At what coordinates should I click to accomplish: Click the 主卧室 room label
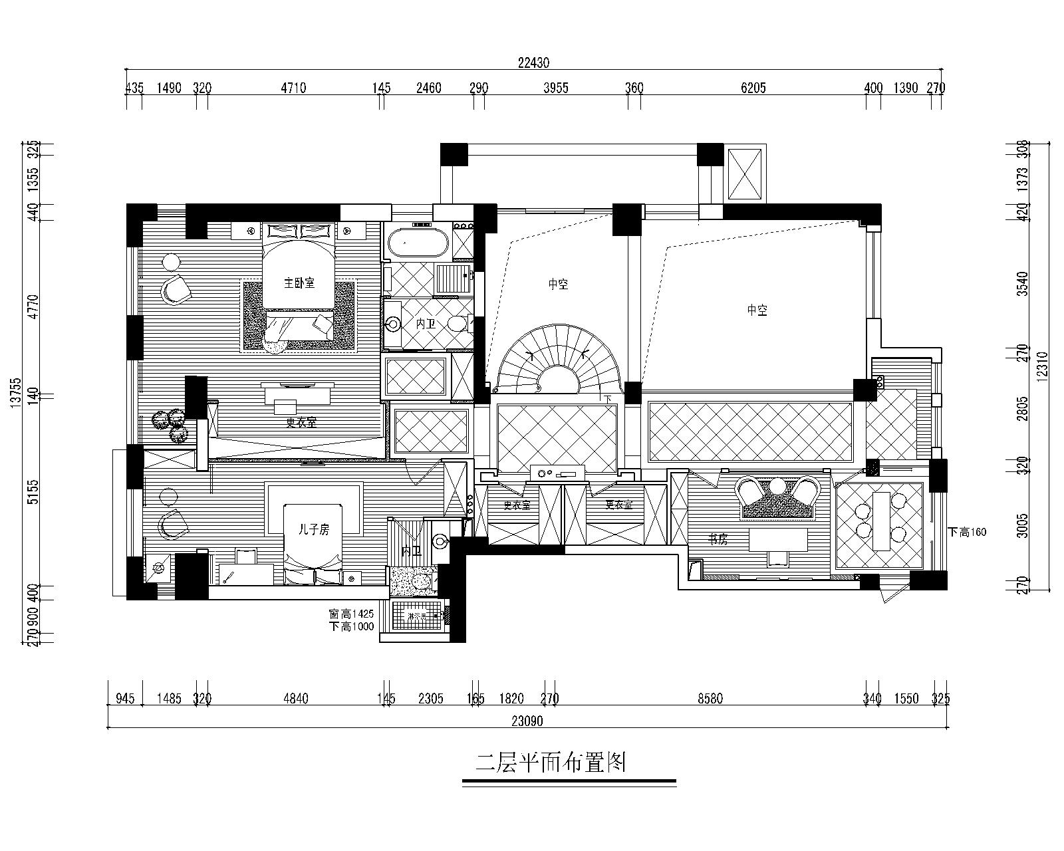(x=299, y=283)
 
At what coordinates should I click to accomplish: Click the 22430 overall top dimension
(x=534, y=63)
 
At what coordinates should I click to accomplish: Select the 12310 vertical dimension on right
(x=1042, y=366)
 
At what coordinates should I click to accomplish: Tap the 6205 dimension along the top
(x=753, y=88)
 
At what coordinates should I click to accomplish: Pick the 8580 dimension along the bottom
(x=710, y=699)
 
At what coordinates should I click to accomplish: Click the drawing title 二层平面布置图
(x=551, y=763)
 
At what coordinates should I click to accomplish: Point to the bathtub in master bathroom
(x=418, y=243)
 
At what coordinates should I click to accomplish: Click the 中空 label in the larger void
(x=757, y=310)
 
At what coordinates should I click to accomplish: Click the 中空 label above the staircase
(x=558, y=285)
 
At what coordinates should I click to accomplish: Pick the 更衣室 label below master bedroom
(x=301, y=422)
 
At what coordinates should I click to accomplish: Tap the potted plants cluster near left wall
(x=169, y=425)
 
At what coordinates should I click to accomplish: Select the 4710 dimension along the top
(x=293, y=88)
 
